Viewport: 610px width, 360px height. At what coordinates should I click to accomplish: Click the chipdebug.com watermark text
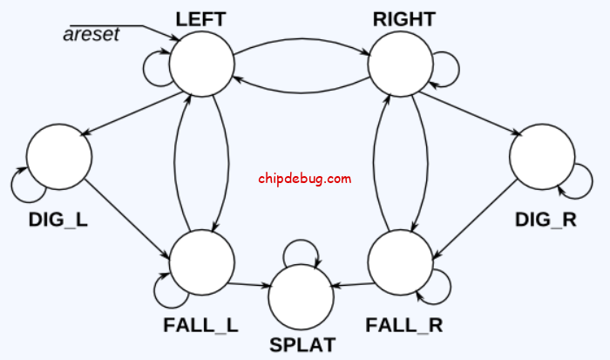[305, 179]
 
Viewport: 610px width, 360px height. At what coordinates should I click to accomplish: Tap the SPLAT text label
[302, 345]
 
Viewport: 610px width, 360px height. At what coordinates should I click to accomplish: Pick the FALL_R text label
[404, 326]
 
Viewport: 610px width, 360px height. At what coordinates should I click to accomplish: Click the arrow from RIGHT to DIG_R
[475, 112]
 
